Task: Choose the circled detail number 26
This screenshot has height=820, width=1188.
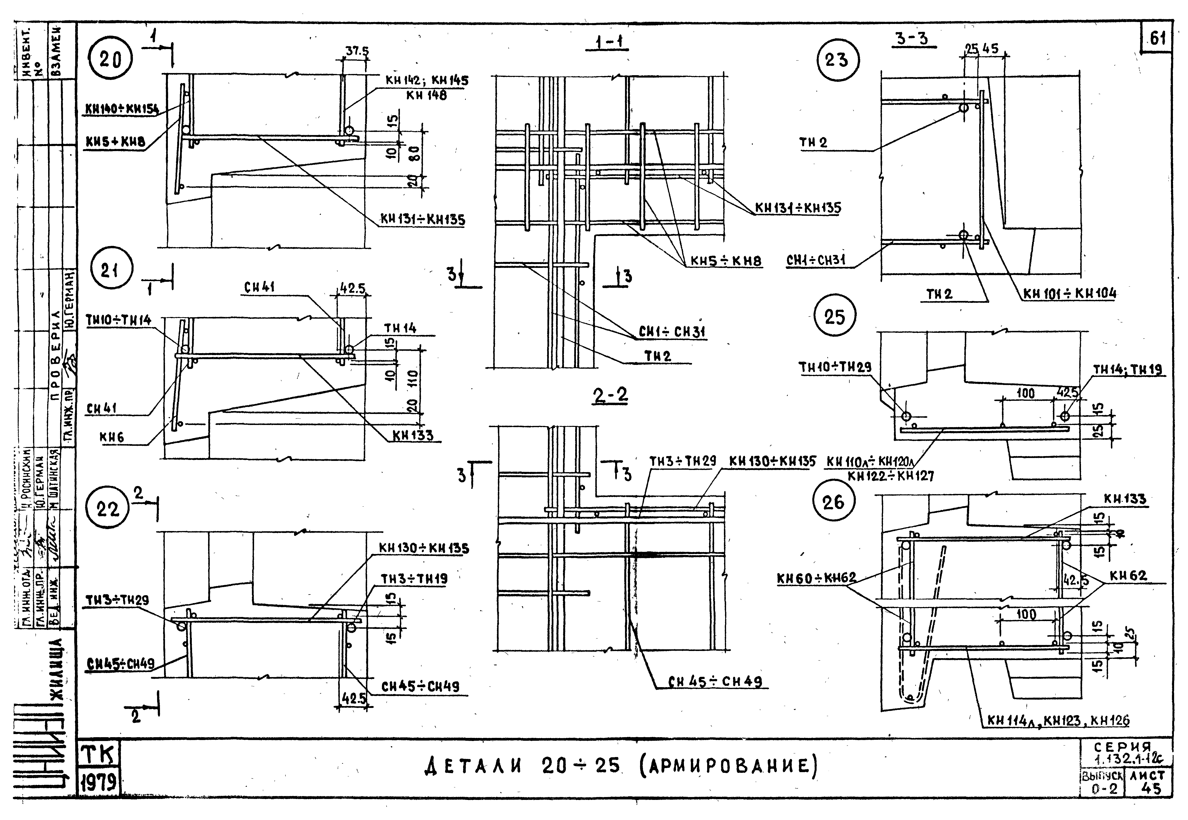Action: (x=833, y=501)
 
